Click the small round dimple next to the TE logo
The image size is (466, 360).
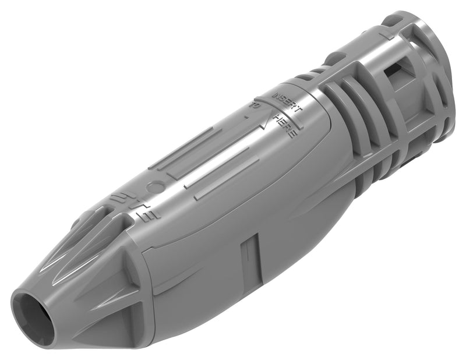156,188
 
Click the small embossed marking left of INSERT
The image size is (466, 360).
255,106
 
